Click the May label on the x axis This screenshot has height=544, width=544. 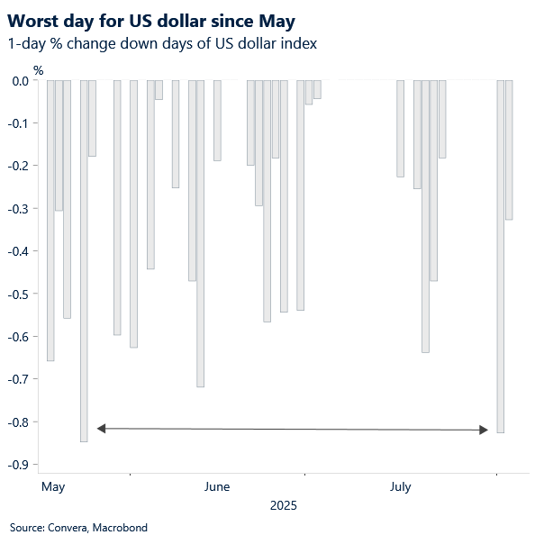coord(53,487)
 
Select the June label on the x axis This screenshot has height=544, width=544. coord(217,487)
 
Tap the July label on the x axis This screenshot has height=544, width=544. coord(400,487)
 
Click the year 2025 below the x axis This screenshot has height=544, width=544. coord(283,506)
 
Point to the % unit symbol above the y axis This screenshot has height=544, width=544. coord(38,68)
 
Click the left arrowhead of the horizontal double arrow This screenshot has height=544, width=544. coord(102,428)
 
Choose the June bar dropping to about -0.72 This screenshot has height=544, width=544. coord(200,233)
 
